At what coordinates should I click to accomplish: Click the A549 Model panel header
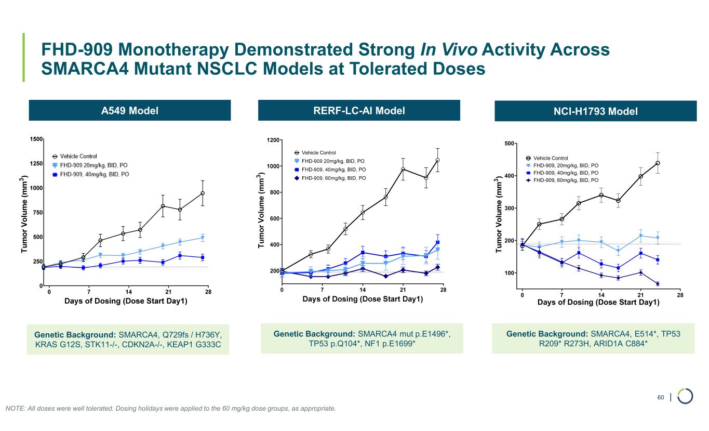(129, 111)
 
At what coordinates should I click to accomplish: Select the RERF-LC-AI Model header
(359, 110)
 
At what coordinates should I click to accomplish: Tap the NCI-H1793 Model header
(595, 111)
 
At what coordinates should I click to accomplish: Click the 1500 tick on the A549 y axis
(36, 139)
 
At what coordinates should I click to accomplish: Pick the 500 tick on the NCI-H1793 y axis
(510, 143)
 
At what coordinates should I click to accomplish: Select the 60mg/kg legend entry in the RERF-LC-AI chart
(333, 178)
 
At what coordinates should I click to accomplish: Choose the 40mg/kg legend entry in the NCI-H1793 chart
(566, 173)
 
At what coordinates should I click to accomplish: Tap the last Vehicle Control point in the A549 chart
(203, 193)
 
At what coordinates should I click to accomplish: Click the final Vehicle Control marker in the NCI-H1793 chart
(658, 163)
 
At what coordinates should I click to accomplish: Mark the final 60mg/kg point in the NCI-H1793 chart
(658, 284)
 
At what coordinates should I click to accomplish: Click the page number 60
(661, 398)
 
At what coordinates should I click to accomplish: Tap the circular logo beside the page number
(686, 396)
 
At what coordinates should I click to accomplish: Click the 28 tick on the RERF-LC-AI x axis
(443, 289)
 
